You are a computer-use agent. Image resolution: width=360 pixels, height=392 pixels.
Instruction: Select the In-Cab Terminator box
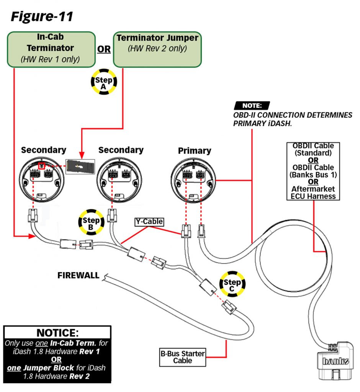(51, 49)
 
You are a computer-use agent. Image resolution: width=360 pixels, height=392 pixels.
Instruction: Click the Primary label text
(194, 151)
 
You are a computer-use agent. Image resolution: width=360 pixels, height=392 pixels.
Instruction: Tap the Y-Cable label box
(149, 222)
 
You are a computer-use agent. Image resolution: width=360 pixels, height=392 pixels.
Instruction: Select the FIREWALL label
(79, 275)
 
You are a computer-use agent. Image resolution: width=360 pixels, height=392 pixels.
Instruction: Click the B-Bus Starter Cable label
(183, 357)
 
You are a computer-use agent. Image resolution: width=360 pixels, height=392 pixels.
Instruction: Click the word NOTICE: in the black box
(57, 332)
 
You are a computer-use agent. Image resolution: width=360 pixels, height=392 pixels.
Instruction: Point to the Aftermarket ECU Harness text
(313, 193)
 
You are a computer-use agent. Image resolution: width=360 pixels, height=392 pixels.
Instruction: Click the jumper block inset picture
(80, 166)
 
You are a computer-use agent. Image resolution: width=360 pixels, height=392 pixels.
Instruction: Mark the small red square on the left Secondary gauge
(42, 166)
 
